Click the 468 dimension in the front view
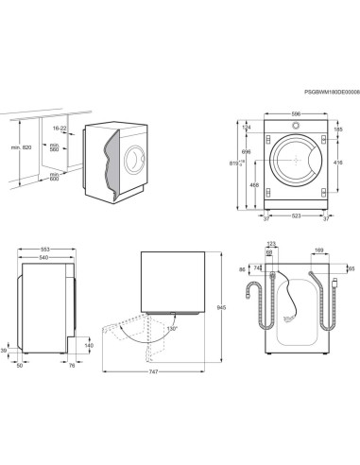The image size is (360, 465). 255,186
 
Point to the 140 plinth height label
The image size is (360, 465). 89,346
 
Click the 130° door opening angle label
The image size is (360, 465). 172,328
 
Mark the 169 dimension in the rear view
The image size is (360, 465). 319,251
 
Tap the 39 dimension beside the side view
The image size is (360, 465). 6,350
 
